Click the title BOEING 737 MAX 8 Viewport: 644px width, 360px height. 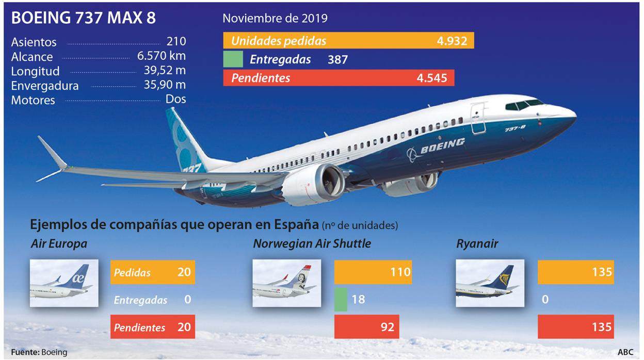tap(83, 18)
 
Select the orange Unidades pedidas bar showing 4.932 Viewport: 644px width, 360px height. tap(348, 41)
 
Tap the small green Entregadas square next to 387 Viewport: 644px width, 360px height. tap(233, 59)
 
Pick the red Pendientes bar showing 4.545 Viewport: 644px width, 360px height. tap(339, 78)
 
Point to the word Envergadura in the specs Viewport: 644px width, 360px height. tap(45, 86)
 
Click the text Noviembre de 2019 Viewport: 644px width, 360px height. tap(275, 18)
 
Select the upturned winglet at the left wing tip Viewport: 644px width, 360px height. tap(52, 154)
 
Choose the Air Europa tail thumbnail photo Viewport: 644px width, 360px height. tap(64, 283)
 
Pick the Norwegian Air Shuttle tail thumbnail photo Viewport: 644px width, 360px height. tap(286, 283)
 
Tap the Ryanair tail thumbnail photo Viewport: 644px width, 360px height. tap(490, 283)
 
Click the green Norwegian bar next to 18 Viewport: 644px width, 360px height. tap(341, 299)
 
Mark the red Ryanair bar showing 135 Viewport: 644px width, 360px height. tap(576, 326)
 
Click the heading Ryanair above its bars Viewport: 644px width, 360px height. tap(477, 244)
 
